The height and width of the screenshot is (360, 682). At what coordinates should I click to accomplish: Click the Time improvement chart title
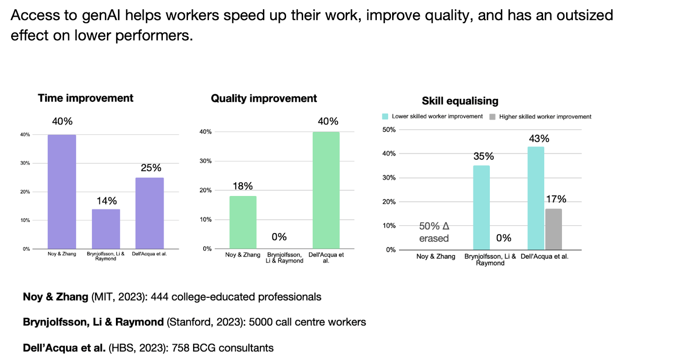pos(85,98)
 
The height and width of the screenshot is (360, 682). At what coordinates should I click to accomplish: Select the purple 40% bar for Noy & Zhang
pos(62,192)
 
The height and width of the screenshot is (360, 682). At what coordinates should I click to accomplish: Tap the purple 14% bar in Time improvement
pos(106,229)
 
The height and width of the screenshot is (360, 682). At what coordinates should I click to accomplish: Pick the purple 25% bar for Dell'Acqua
pos(150,213)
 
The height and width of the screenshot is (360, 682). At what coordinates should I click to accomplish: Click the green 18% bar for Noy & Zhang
pos(243,222)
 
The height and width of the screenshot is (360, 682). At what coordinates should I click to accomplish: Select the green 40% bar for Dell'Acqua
pos(326,190)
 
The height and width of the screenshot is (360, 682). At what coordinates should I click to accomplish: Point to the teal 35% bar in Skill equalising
pos(481,207)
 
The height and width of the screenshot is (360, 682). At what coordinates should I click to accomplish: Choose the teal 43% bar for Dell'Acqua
pos(536,198)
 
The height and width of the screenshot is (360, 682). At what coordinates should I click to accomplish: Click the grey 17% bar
pos(553,229)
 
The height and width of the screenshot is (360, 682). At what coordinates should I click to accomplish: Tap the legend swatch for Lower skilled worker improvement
pos(385,116)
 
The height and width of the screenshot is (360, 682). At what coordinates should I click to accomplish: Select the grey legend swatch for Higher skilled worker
pos(492,117)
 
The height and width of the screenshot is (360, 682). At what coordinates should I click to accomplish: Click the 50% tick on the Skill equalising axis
pos(389,130)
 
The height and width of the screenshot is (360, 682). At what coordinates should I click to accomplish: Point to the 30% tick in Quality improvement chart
pos(205,161)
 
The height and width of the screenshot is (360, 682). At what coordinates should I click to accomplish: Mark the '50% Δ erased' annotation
pos(434,232)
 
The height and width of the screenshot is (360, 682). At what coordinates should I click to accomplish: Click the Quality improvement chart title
pos(264,98)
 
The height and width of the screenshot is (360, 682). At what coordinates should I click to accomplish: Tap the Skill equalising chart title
pos(460,101)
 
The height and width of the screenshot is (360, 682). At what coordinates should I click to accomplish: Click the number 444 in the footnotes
pos(159,297)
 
